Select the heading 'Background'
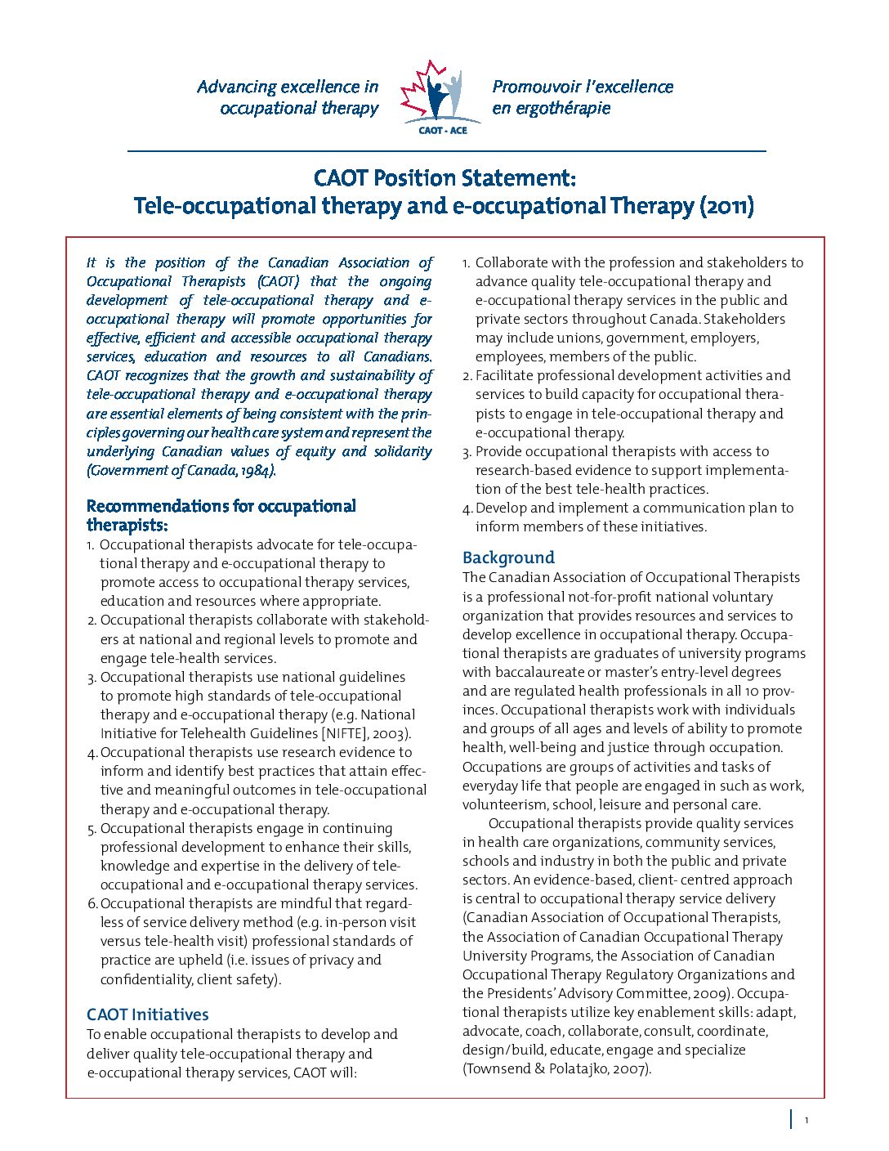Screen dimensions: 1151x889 coord(508,558)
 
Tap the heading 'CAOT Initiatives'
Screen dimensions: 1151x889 coord(148,1014)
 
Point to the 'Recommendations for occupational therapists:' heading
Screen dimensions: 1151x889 coord(221,515)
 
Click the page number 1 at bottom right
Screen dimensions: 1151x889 coord(806,1120)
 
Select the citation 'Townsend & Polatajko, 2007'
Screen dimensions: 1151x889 coord(556,1068)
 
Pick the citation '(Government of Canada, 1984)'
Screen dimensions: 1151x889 coord(181,470)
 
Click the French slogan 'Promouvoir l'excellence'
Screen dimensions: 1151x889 coord(583,87)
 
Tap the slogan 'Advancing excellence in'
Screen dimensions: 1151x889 coord(288,87)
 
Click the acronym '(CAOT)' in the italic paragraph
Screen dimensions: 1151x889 coord(278,281)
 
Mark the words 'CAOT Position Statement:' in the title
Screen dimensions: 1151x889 coord(445,178)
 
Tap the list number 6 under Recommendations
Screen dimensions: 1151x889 coord(92,903)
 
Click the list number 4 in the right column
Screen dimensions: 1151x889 coord(467,508)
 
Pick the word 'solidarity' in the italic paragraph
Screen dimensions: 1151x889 coord(403,451)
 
